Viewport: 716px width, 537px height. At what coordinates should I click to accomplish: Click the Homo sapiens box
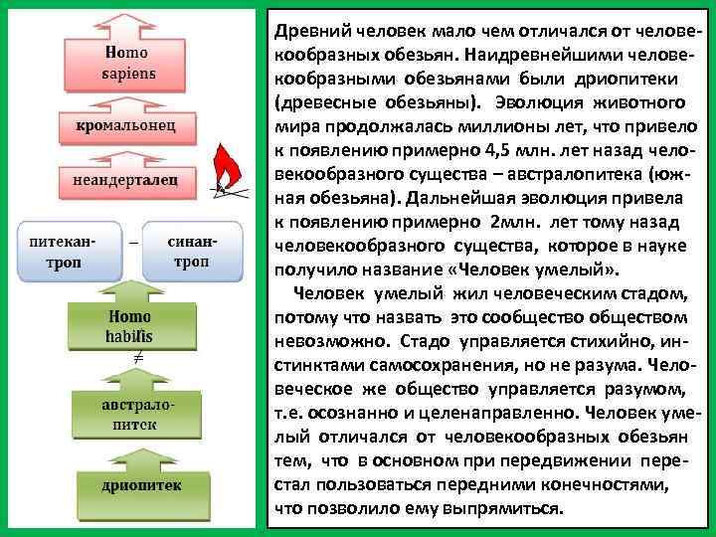coord(127,64)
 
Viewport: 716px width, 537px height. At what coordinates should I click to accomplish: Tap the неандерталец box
coord(125,180)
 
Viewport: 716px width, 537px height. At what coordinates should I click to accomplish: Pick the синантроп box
coord(192,253)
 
